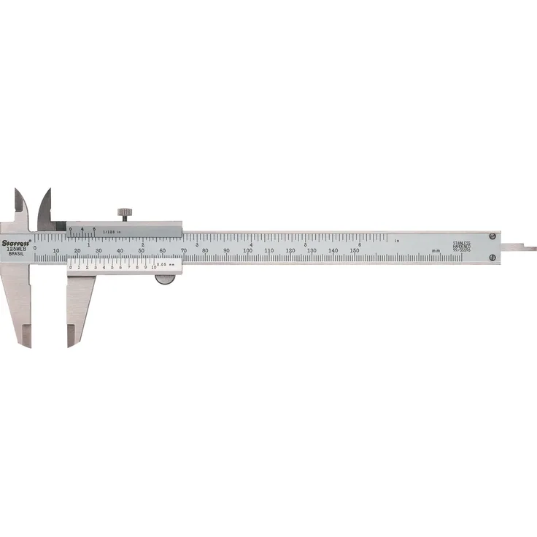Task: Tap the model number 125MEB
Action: [x=16, y=250]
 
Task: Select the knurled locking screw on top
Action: [x=125, y=213]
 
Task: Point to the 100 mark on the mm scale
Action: [x=248, y=251]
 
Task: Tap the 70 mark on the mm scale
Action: [x=184, y=251]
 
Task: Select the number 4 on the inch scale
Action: [x=251, y=244]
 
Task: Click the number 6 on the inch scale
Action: [x=359, y=244]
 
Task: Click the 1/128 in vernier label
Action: [x=110, y=231]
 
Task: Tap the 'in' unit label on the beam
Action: [x=397, y=241]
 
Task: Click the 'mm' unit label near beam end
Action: [x=436, y=251]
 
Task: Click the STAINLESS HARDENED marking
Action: [x=462, y=246]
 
